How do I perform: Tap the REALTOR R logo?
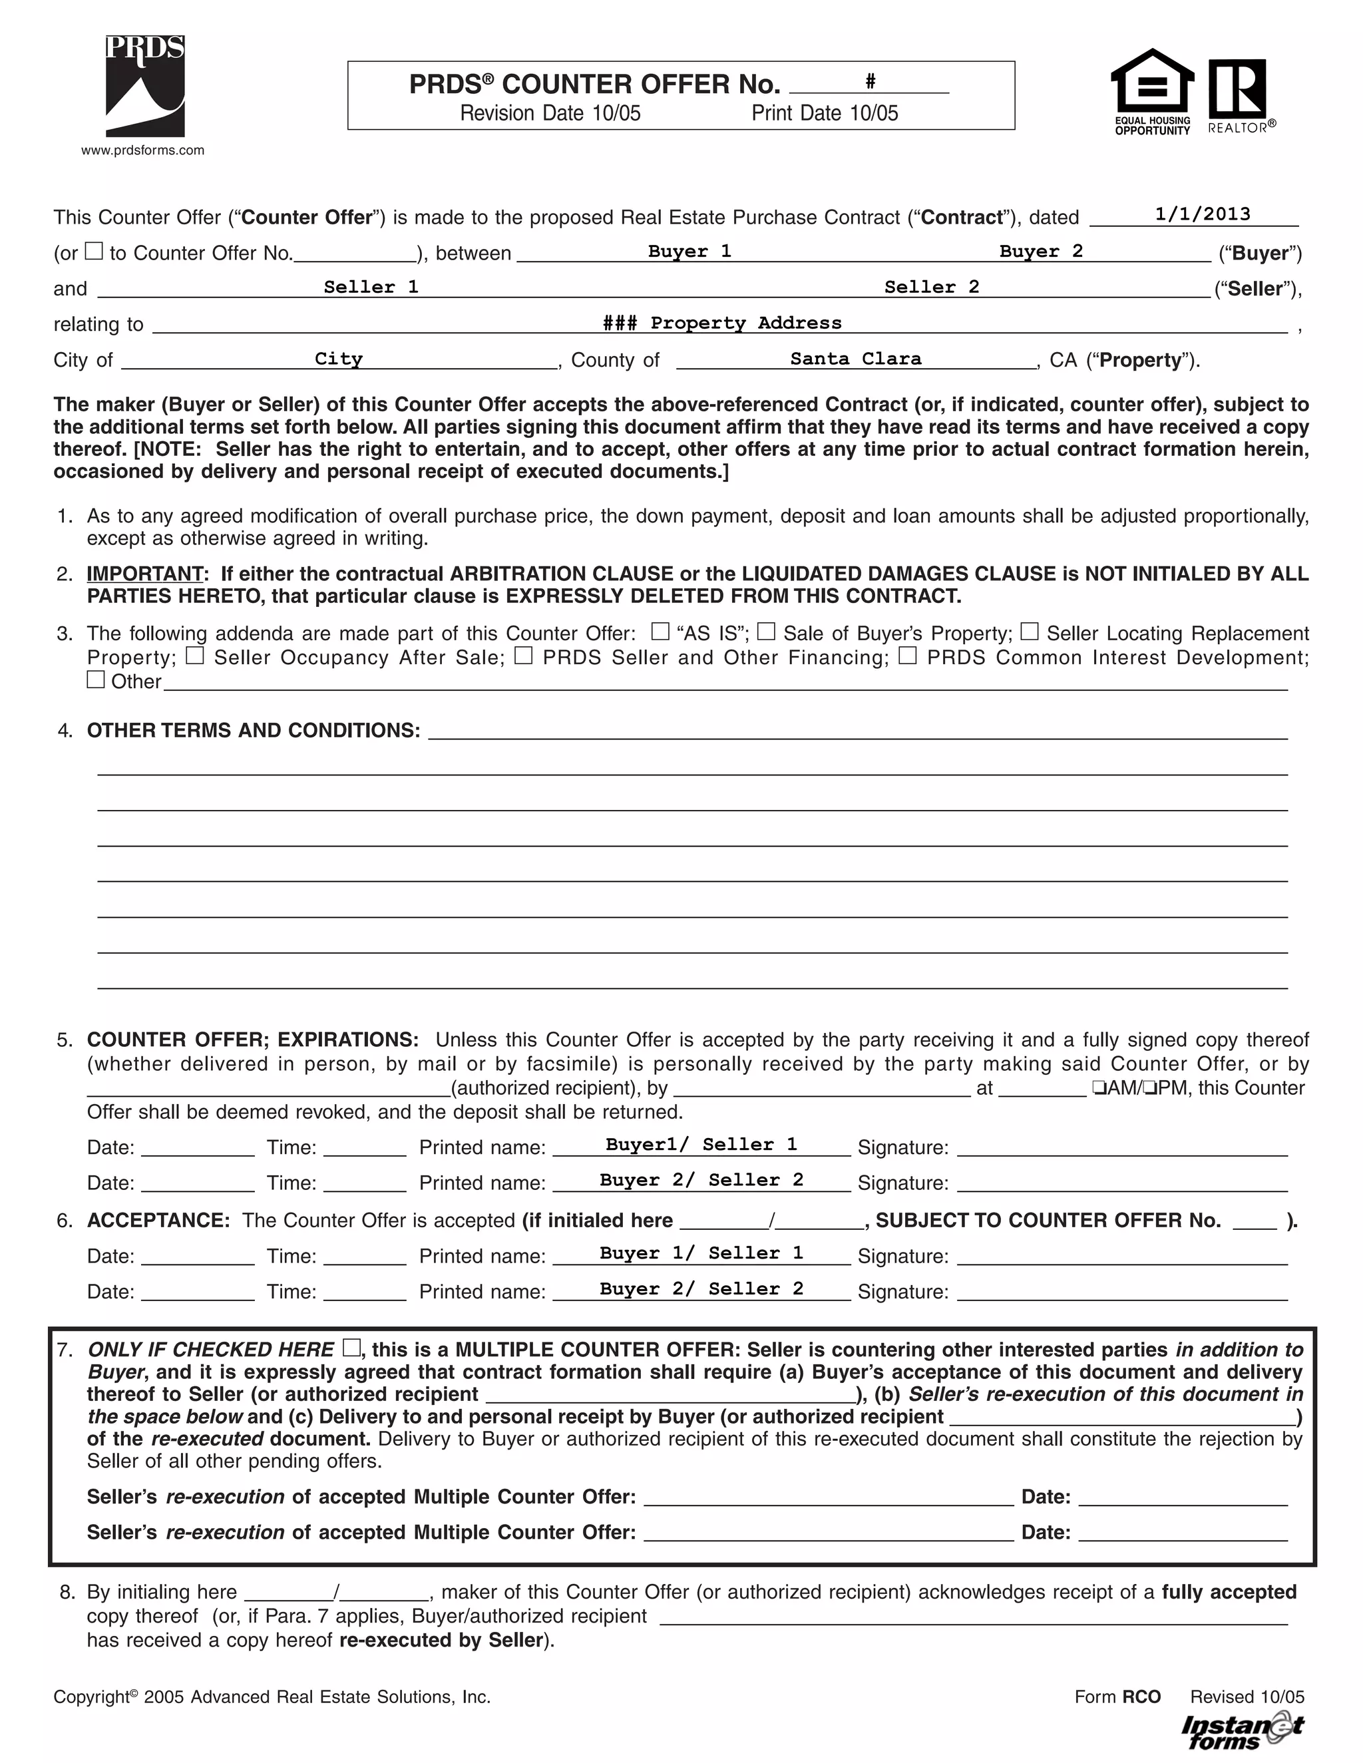click(1237, 88)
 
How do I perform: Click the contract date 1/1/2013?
click(1203, 214)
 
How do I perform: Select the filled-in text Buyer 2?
click(1041, 251)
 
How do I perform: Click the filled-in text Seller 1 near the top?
click(371, 287)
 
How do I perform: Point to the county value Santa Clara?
click(855, 359)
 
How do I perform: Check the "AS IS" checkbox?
click(660, 631)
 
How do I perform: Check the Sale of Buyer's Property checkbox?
click(766, 631)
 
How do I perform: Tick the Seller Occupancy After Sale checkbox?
click(194, 656)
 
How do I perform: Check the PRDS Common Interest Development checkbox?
click(908, 656)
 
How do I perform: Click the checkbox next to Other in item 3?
click(95, 680)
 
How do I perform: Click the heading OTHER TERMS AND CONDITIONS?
click(253, 731)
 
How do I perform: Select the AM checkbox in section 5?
click(1099, 1087)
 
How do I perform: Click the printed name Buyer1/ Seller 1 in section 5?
click(701, 1145)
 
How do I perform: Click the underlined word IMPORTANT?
click(144, 574)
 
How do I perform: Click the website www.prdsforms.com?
click(143, 150)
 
